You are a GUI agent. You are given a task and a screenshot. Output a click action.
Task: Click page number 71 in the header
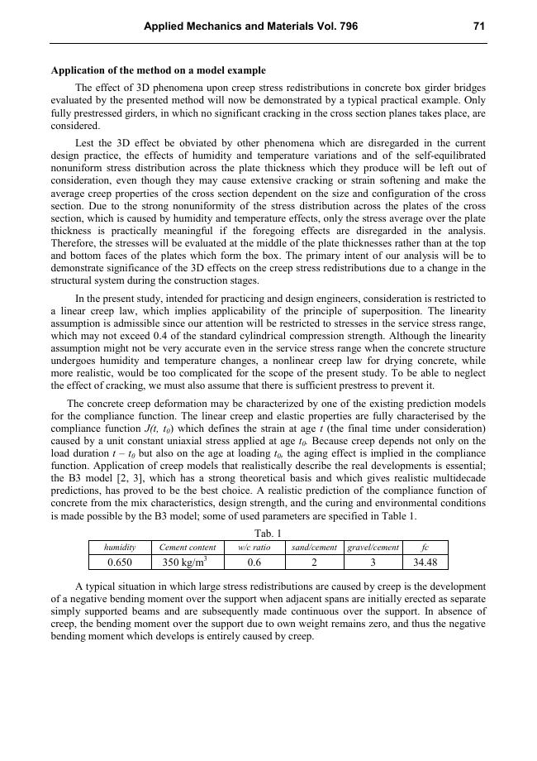pos(478,26)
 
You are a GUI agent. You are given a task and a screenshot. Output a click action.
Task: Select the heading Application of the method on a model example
pos(158,70)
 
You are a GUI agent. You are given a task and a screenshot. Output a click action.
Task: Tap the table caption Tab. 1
pos(268,534)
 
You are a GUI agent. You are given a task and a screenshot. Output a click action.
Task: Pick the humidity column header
pos(120,548)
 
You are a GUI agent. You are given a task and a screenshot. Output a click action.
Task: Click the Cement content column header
pos(188,548)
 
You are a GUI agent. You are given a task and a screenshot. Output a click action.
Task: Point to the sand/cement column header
pos(314,548)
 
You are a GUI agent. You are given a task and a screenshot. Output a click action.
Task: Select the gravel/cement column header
pos(373,548)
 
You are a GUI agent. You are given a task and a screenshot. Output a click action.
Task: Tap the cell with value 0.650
pos(120,562)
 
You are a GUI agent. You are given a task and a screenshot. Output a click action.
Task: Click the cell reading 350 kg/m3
pos(188,562)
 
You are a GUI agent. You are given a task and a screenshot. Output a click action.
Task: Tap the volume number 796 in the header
pos(349,26)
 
